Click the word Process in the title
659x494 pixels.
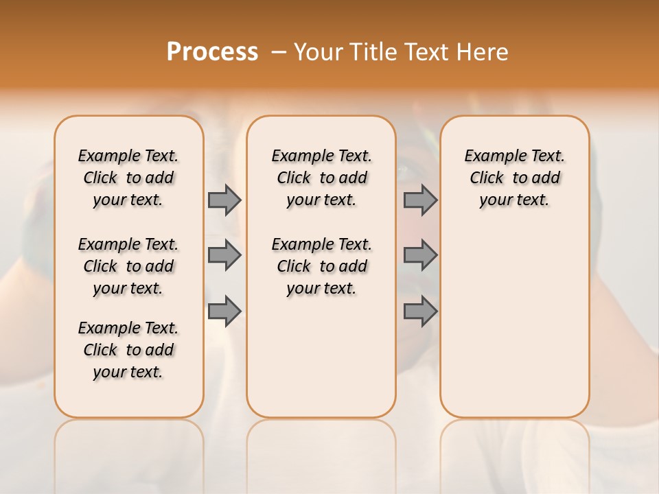[212, 51]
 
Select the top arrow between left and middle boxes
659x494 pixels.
[224, 200]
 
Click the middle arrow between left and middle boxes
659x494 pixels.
[224, 255]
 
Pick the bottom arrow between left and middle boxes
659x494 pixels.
[224, 311]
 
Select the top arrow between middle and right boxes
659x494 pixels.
[420, 200]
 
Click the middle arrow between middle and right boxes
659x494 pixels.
[420, 255]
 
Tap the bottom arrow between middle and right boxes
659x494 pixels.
[420, 311]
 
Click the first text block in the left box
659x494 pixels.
[128, 178]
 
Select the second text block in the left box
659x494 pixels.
[128, 266]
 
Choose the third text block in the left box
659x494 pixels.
[128, 350]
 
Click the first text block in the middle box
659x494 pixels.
[321, 178]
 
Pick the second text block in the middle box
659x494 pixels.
[321, 266]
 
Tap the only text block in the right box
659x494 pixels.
[514, 178]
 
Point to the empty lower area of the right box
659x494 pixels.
[514, 316]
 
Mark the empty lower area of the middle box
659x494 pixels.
[321, 357]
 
